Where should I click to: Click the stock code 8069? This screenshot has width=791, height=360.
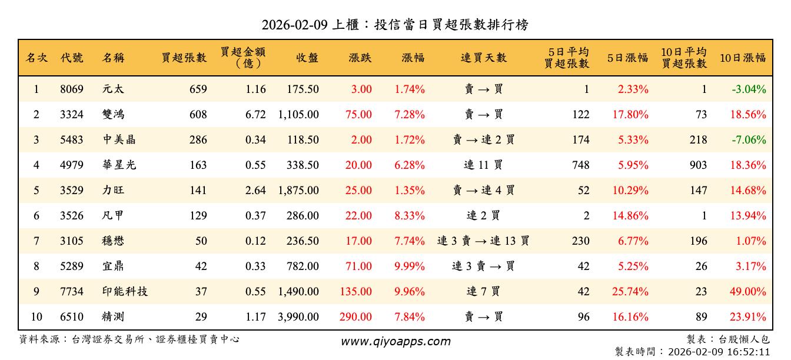[72, 89]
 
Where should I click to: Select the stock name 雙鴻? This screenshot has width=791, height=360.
[113, 115]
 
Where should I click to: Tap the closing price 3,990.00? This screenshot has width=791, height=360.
[298, 317]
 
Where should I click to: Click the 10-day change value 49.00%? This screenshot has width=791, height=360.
[748, 292]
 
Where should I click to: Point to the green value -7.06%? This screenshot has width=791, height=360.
[749, 140]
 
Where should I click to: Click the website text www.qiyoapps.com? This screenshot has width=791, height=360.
[395, 341]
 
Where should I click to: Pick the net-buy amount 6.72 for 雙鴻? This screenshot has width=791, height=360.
[256, 115]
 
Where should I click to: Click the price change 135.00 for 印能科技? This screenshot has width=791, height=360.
[356, 292]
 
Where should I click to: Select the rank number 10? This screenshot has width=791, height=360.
[36, 317]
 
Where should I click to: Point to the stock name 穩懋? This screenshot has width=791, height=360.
[113, 241]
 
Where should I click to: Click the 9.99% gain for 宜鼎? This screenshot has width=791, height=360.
[410, 266]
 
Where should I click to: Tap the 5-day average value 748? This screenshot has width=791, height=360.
[580, 165]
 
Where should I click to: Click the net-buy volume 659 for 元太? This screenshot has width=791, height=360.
[198, 89]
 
